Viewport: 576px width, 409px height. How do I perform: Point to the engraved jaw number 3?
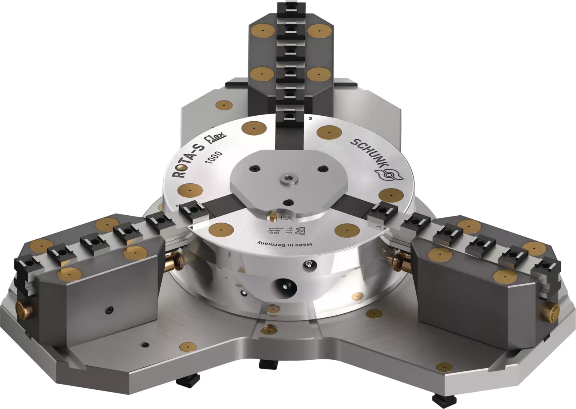(310, 118)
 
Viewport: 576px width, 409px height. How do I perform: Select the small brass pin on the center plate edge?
(274, 216)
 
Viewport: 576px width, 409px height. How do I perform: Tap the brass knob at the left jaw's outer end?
(23, 311)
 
